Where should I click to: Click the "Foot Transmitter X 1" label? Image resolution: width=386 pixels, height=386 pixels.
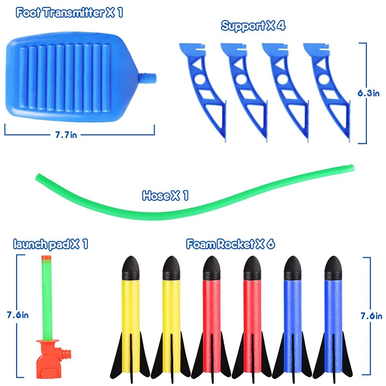pos(69,13)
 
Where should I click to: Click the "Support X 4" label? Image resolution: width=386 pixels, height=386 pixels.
pos(253,26)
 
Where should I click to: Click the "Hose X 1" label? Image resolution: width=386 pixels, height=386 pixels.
pos(165,196)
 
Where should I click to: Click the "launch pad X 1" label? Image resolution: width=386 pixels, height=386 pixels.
pos(51,244)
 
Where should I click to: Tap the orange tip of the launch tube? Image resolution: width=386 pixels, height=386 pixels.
pos(47,259)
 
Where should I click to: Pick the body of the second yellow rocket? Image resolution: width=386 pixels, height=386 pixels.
pos(170,309)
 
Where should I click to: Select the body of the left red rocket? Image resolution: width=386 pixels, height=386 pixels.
pos(211,309)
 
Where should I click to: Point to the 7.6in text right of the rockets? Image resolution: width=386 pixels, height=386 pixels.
pos(372,317)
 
